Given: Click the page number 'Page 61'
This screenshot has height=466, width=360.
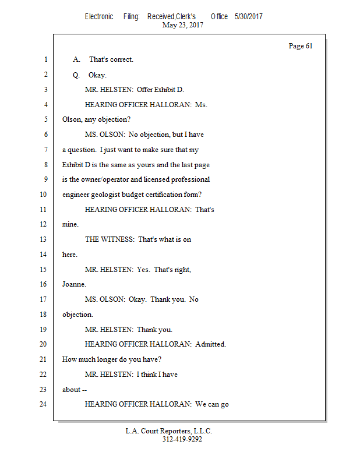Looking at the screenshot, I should point(301,46).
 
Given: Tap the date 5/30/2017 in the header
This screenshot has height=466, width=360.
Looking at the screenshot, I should point(249,17).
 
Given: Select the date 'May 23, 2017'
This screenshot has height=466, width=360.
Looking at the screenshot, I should point(183,25).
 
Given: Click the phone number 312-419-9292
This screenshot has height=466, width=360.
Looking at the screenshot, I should point(182,439).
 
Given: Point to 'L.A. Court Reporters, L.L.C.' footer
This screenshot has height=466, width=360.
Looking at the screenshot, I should point(169,431).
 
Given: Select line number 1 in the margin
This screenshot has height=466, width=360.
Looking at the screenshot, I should point(45,59).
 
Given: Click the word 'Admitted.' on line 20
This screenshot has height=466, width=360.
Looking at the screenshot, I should point(210,344).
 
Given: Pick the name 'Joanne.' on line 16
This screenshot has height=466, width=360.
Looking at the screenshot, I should point(74,285).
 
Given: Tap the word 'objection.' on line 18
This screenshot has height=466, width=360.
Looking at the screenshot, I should point(77,315).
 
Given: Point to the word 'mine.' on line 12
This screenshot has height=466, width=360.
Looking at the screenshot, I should point(70,224).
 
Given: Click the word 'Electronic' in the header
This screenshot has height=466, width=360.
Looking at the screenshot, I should point(99,17).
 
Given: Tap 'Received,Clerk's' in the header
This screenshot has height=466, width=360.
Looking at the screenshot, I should point(171,17).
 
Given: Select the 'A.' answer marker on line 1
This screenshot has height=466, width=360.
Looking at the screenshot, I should point(76,59).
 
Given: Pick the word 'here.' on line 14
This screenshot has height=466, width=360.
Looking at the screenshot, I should point(70,255).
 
